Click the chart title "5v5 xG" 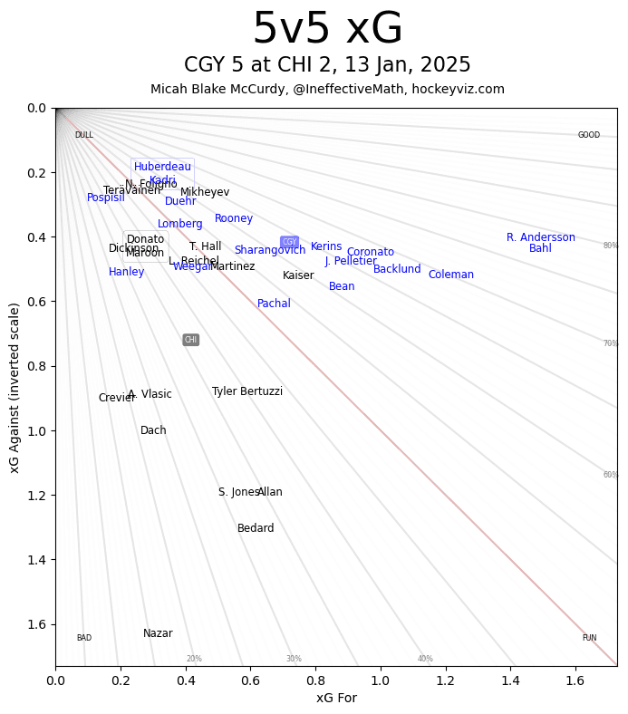point(327,30)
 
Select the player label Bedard point(256,528)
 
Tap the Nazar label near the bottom point(158,633)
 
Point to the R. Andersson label point(540,237)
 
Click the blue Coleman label point(450,275)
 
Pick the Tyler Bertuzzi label point(246,391)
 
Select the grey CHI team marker point(190,340)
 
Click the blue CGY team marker point(289,242)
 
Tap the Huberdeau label point(162,167)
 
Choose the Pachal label point(274,304)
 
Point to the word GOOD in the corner point(588,135)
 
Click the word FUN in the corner point(589,638)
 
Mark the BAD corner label point(83,638)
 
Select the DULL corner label point(83,135)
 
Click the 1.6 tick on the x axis point(575,679)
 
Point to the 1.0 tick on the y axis point(36,430)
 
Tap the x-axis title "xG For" point(336,698)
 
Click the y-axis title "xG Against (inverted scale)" point(14,387)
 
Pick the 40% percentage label point(425,659)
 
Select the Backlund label point(397,269)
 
